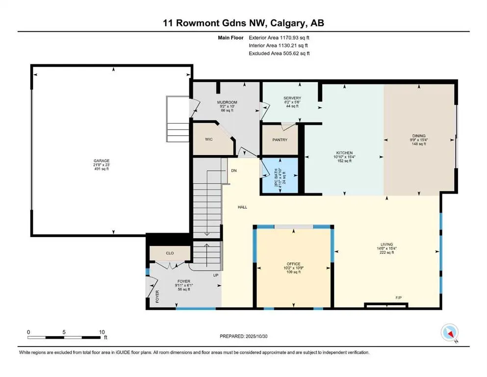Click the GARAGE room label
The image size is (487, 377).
pos(102,161)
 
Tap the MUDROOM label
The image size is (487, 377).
pos(227,103)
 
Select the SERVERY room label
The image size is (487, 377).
pos(292,98)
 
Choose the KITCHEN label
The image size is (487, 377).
pos(344,153)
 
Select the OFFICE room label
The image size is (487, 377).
pos(294,264)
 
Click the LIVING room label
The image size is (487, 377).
pos(386,244)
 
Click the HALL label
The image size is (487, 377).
pos(242,207)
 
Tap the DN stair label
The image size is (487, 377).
pos(234,171)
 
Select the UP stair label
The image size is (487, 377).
pos(216,275)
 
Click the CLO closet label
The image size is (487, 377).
pos(170,253)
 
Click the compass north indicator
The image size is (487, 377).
pos(449,333)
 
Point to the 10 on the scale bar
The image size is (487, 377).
pos(101,332)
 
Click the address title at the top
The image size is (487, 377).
pos(243,23)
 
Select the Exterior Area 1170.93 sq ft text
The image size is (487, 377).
pos(279,38)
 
